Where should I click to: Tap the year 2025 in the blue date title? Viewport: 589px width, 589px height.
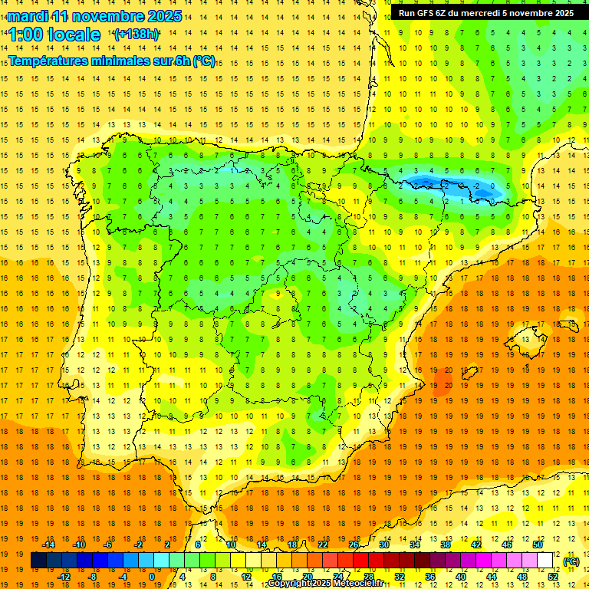click(163, 16)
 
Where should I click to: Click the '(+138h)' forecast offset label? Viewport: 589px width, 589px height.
click(136, 35)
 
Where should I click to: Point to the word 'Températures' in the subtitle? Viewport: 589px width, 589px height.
click(51, 61)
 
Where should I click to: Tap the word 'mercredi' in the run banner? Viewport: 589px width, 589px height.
click(492, 13)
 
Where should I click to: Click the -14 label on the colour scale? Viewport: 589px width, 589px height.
click(48, 545)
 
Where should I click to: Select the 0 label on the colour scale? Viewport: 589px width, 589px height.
click(152, 577)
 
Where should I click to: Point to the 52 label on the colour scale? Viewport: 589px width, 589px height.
click(553, 577)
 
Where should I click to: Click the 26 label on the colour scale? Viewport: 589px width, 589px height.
click(354, 545)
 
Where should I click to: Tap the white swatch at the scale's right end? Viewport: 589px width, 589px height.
click(545, 561)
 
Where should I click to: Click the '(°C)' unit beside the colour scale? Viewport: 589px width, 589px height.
click(571, 561)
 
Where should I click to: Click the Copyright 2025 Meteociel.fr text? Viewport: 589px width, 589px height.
click(325, 584)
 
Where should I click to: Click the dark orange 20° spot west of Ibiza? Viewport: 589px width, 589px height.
click(443, 381)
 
